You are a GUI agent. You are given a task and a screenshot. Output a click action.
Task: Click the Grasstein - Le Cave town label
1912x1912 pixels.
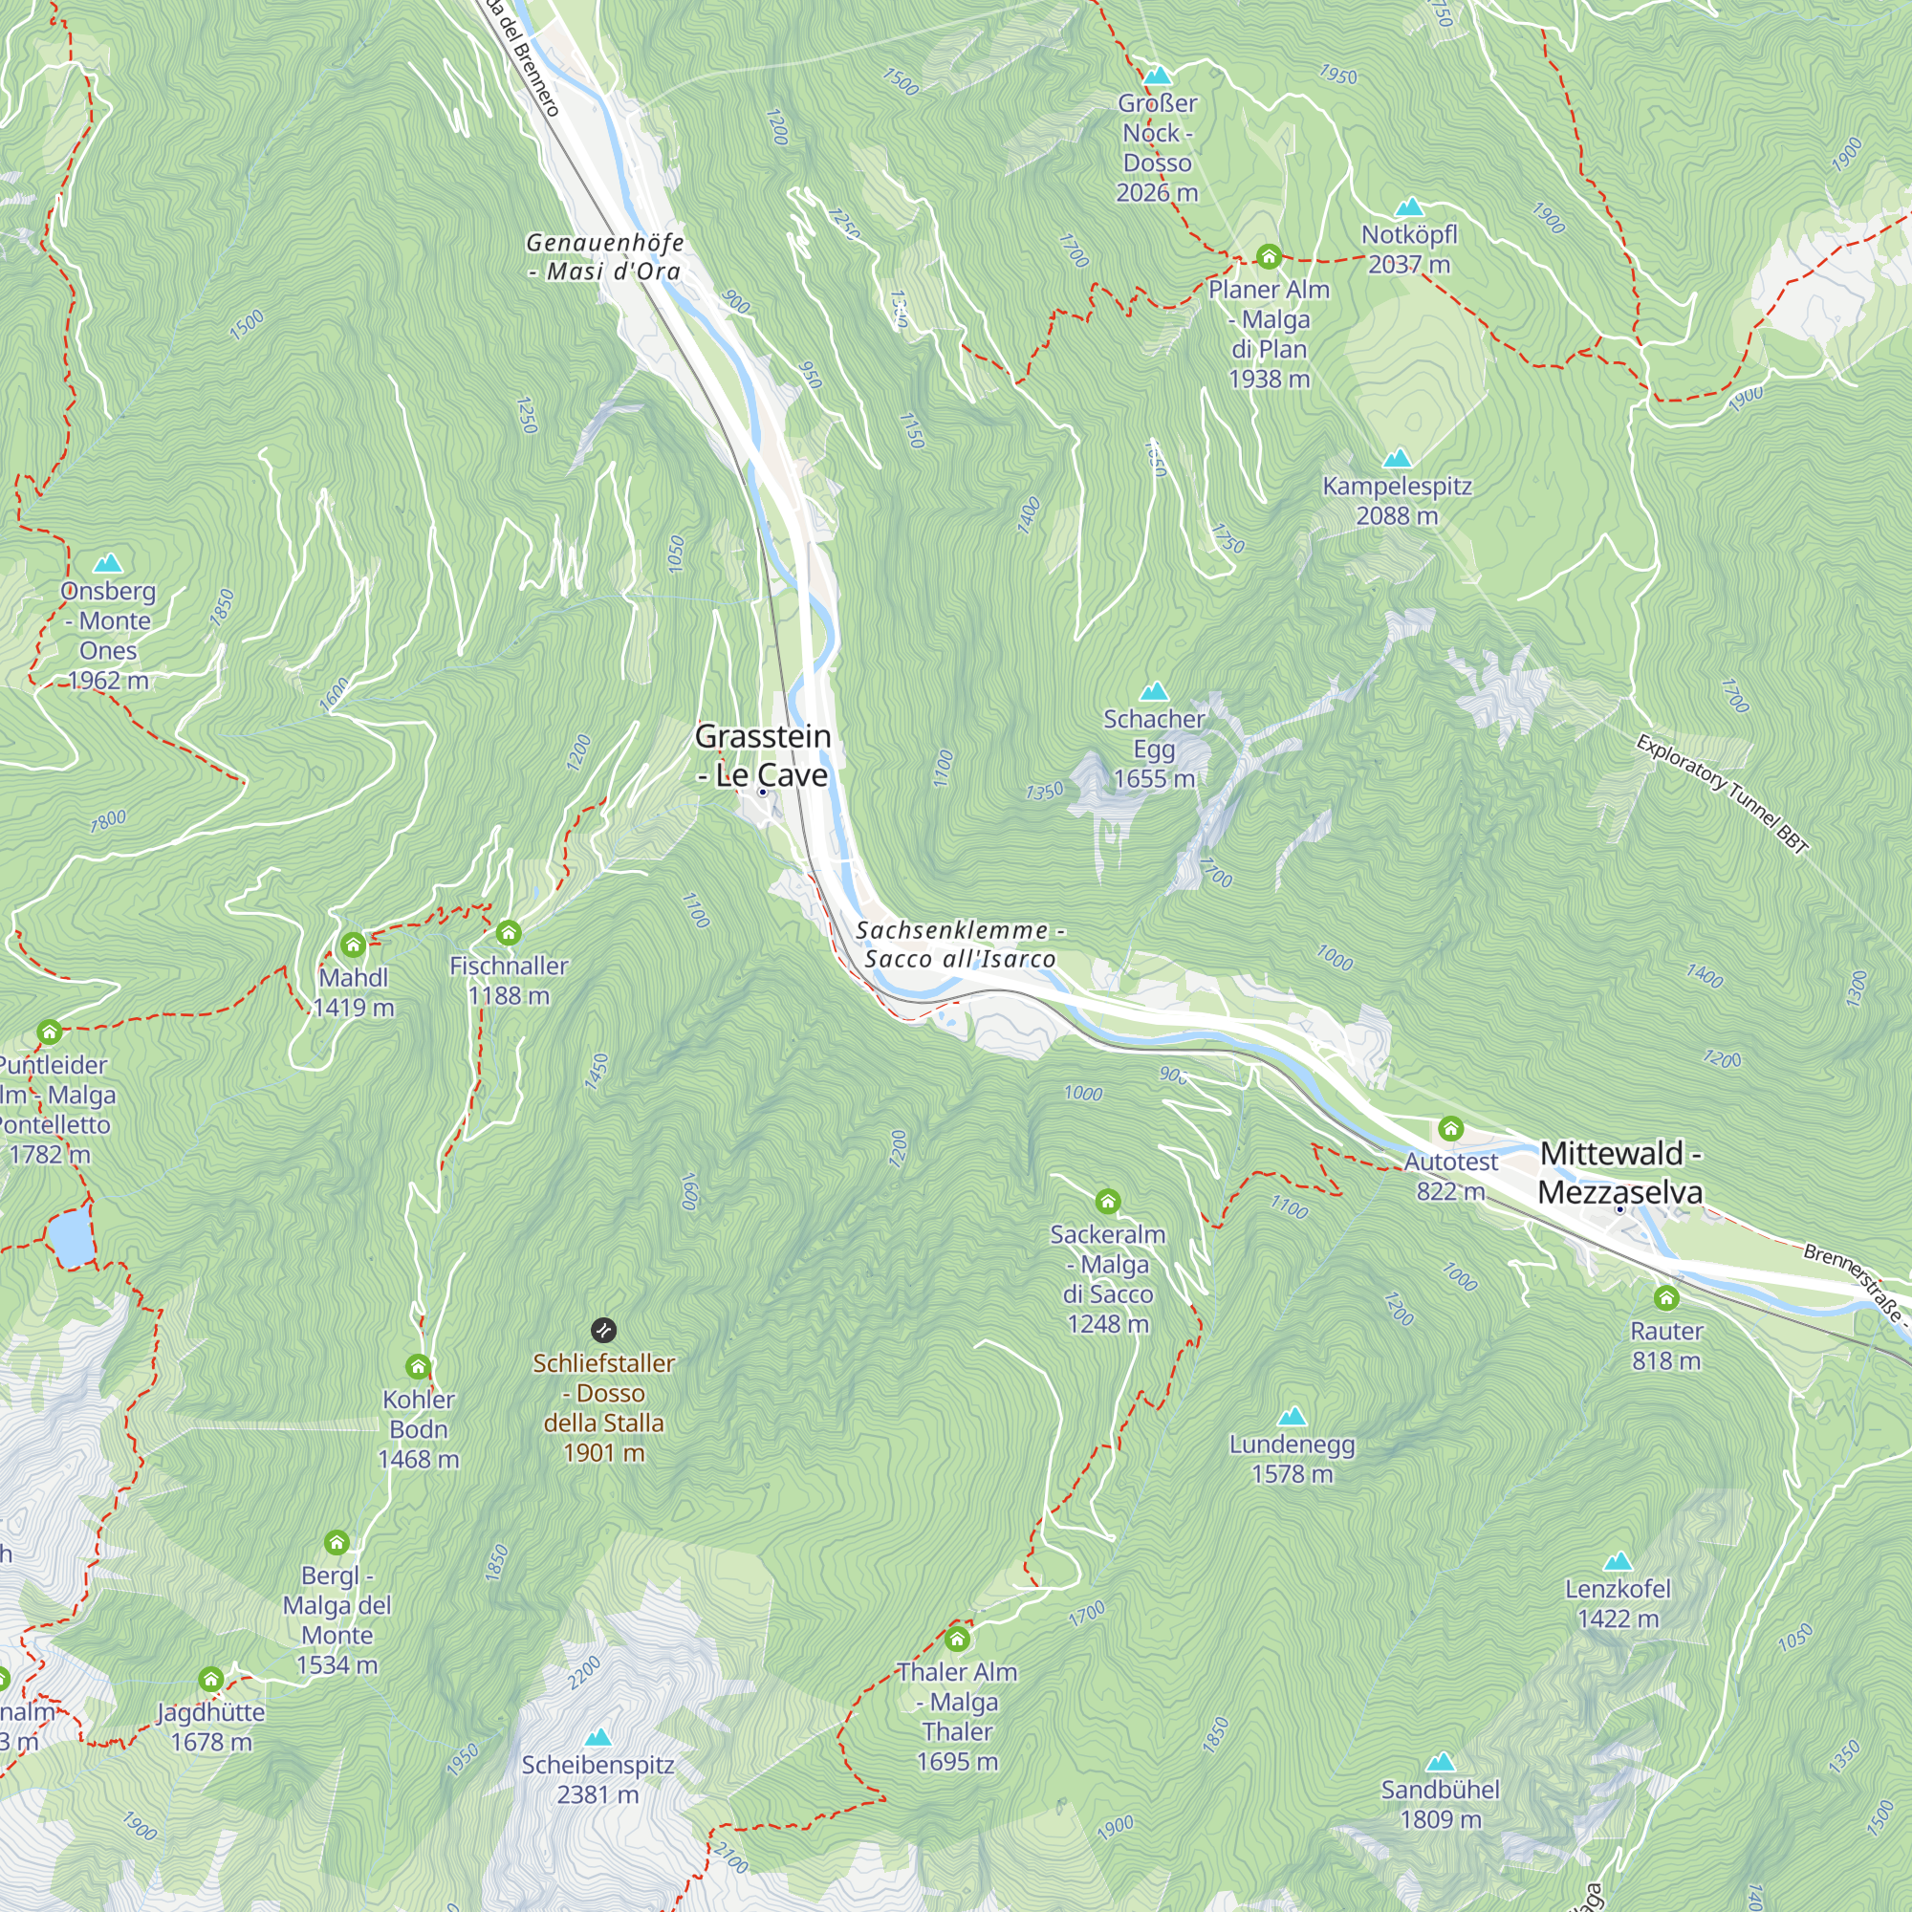tap(762, 756)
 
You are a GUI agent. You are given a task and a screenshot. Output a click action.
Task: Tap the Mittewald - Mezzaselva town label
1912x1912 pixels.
tap(1620, 1173)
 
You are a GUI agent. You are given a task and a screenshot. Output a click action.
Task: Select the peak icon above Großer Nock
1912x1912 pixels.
tap(1157, 76)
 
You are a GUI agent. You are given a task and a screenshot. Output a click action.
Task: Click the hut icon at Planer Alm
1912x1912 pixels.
tap(1269, 257)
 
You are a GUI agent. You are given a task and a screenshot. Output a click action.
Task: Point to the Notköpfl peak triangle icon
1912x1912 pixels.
tap(1408, 206)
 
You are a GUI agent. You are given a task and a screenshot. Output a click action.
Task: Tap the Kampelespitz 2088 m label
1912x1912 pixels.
tap(1397, 501)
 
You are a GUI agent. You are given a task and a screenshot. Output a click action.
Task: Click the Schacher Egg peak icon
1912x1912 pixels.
tap(1154, 691)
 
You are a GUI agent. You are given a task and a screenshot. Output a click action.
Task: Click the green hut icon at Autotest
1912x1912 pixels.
tap(1451, 1128)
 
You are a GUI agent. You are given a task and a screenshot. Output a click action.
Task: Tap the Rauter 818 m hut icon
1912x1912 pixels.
tap(1666, 1297)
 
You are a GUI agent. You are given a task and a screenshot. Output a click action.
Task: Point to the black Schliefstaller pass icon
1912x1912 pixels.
tap(603, 1330)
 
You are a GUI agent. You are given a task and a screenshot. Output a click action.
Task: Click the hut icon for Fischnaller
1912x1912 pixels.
tap(509, 932)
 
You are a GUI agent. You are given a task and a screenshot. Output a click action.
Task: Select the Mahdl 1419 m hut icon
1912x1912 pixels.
tap(354, 945)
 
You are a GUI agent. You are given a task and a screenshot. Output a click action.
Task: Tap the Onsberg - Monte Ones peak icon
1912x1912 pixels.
tap(108, 563)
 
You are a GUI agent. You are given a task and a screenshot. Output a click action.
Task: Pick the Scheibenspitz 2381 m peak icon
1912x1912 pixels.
tap(597, 1738)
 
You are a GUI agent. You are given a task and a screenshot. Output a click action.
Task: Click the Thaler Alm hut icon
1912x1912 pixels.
tap(957, 1640)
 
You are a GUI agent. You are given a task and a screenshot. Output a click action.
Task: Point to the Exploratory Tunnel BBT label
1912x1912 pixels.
tap(1722, 793)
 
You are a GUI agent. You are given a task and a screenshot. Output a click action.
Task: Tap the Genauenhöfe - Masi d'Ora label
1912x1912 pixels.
tap(605, 256)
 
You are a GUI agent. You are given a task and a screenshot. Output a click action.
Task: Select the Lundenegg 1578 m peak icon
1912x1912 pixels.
tap(1292, 1416)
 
